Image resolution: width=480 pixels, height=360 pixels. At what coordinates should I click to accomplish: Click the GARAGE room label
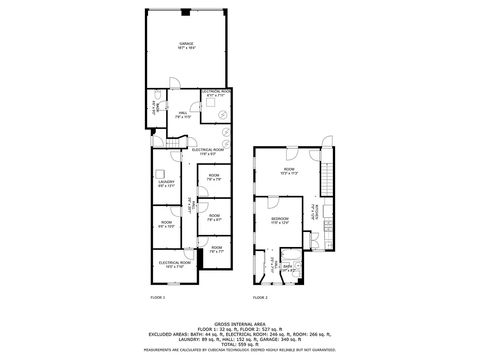pyautogui.click(x=186, y=44)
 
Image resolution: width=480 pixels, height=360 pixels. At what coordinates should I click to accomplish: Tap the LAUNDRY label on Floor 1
pyautogui.click(x=166, y=182)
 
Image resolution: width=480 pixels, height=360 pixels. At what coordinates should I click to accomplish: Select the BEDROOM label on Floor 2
pyautogui.click(x=279, y=219)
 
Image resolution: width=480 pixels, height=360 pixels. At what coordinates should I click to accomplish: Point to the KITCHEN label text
pyautogui.click(x=317, y=211)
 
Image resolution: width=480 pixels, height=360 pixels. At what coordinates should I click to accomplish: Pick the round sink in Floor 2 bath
pyautogui.click(x=297, y=266)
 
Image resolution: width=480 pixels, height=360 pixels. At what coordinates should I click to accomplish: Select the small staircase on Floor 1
pyautogui.click(x=174, y=143)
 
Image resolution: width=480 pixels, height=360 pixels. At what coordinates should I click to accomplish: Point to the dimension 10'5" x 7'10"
pyautogui.click(x=175, y=266)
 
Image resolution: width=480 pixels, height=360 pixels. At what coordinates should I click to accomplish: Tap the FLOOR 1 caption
pyautogui.click(x=157, y=297)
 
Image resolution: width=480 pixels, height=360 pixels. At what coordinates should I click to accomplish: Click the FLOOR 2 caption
pyautogui.click(x=260, y=297)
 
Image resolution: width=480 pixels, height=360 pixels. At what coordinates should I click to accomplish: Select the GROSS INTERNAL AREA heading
pyautogui.click(x=240, y=324)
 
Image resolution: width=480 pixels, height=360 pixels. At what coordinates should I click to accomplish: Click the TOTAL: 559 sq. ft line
pyautogui.click(x=240, y=344)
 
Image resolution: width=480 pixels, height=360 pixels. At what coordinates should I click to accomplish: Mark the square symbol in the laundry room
pyautogui.click(x=160, y=174)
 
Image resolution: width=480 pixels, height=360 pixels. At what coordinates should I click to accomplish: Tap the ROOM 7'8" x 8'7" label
pyautogui.click(x=214, y=218)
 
